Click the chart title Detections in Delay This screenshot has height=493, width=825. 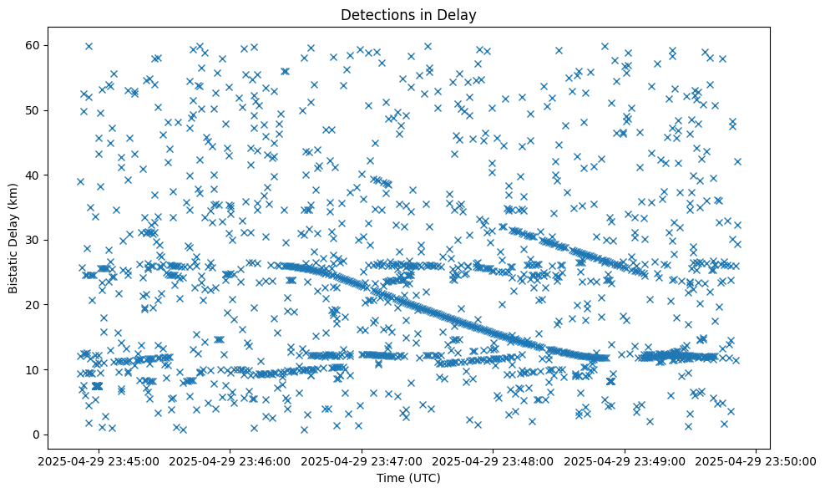409,14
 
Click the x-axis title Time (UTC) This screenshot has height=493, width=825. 409,478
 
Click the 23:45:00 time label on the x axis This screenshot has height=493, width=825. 99,460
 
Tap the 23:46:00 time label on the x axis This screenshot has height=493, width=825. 230,460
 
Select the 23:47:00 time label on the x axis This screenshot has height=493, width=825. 362,460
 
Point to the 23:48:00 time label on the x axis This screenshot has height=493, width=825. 493,460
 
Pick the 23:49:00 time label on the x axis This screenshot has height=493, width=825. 625,460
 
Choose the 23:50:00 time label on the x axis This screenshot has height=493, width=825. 757,460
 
